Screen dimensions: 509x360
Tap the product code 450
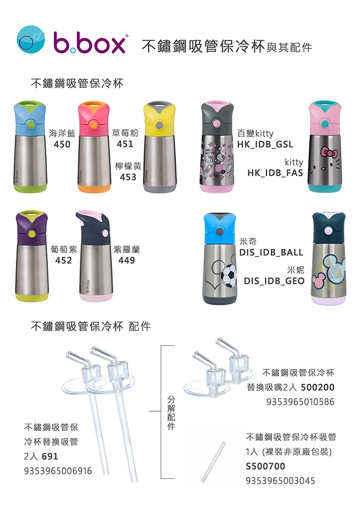(62, 144)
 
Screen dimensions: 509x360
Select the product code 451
(125, 144)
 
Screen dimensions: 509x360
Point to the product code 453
(128, 177)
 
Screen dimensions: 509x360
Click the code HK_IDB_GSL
(265, 144)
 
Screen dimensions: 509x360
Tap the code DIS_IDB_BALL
(271, 252)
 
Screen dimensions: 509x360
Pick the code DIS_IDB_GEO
(274, 281)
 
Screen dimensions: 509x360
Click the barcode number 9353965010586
(300, 402)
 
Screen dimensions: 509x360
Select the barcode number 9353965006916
(58, 471)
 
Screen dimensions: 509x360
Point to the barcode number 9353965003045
(280, 480)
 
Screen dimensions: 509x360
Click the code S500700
(265, 466)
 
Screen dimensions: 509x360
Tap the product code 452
(63, 260)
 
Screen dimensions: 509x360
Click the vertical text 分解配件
(171, 413)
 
